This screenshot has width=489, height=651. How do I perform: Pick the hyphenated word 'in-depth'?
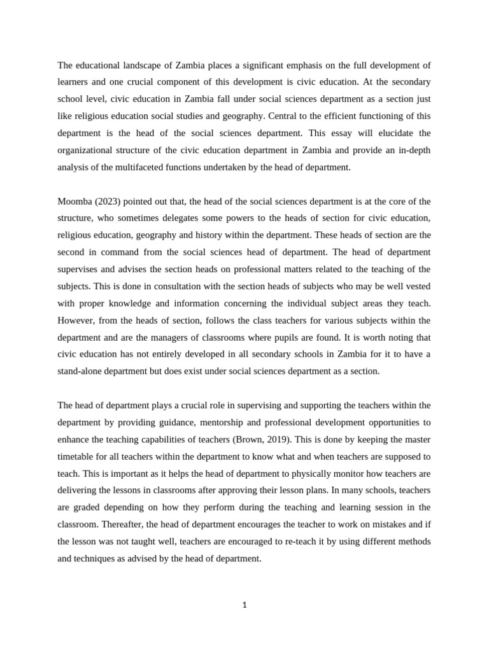415,150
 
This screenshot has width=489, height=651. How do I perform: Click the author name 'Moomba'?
74,202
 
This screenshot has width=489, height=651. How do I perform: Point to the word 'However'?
74,320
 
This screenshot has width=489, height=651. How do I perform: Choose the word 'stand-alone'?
80,371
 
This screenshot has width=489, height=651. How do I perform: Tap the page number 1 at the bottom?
244,605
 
